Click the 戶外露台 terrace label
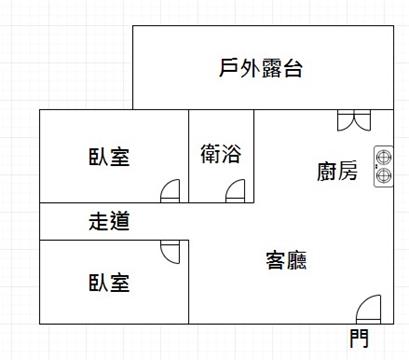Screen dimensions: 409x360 pos(261,68)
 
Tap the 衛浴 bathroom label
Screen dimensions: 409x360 pos(221,154)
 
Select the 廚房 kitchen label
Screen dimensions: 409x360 pos(337,171)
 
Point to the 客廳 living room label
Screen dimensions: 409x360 pos(286,260)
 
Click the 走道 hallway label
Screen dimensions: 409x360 pos(109,221)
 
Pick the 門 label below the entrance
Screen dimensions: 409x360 pos(359,338)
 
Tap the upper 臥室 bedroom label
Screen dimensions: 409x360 pos(109,157)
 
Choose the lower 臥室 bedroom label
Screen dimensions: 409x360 pos(109,283)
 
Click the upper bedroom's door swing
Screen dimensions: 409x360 pos(170,191)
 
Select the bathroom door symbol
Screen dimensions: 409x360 pos(235,191)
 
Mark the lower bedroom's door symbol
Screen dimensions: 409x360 pos(170,252)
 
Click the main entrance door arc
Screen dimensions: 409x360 pos(368,309)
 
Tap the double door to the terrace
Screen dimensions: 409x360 pos(354,120)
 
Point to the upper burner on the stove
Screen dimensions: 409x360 pos(384,156)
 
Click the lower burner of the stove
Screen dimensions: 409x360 pos(384,175)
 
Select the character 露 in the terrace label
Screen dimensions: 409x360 pos(271,68)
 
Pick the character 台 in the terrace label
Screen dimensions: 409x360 pos(293,69)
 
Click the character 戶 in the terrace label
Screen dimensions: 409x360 pos(228,68)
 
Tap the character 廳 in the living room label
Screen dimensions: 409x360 pos(297,260)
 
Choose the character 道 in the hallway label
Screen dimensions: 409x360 pos(119,221)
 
